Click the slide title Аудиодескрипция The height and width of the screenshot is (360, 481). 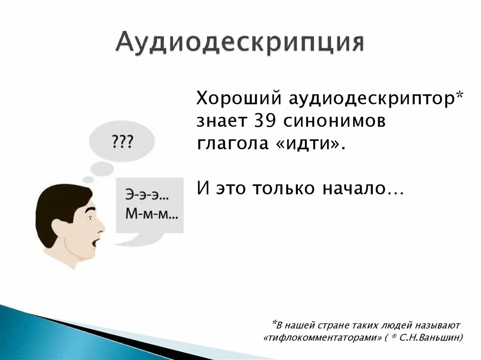(240, 44)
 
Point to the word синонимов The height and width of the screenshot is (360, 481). (334, 121)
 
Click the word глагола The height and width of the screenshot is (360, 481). (229, 144)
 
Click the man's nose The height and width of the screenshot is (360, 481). (100, 228)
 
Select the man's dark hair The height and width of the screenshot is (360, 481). (59, 202)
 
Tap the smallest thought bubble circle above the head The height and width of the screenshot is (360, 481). (88, 179)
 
